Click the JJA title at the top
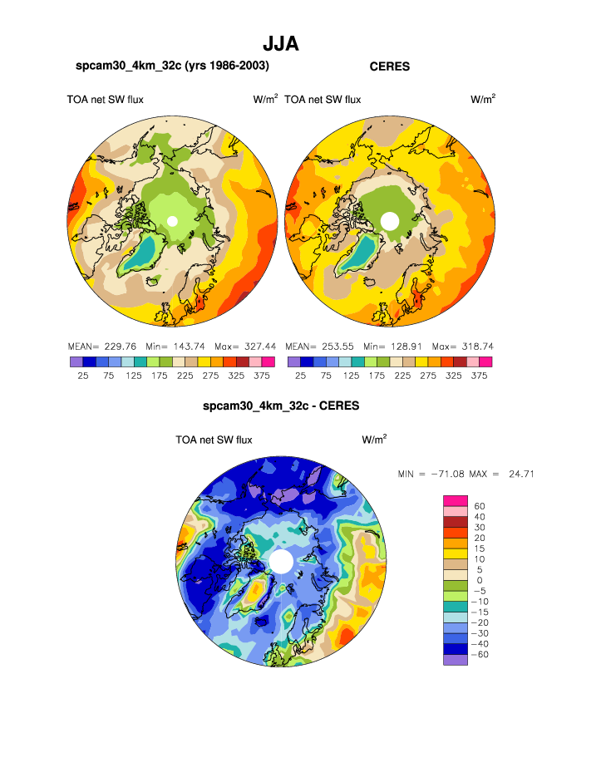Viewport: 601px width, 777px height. (x=280, y=42)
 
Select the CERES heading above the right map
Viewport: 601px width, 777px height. (x=390, y=66)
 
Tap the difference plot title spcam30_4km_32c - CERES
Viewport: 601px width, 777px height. (x=281, y=407)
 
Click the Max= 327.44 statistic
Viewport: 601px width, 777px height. (x=246, y=346)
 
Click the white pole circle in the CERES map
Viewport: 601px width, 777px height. (x=389, y=220)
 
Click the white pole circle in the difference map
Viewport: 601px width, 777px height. (x=281, y=561)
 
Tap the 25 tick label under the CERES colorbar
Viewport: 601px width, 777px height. (x=300, y=376)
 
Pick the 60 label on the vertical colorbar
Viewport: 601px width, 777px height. (x=480, y=505)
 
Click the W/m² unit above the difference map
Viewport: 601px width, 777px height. (x=374, y=440)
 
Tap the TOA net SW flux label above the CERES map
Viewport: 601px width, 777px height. (x=323, y=100)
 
